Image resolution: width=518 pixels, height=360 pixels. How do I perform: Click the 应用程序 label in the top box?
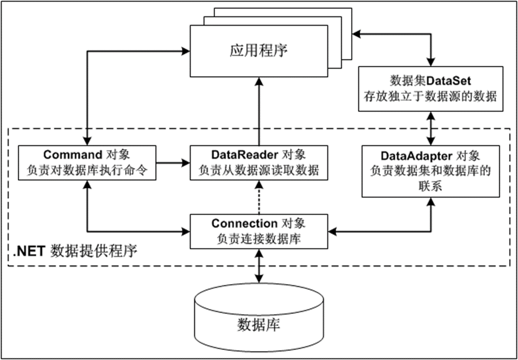click(259, 51)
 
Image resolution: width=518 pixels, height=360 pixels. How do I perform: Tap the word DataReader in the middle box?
click(245, 154)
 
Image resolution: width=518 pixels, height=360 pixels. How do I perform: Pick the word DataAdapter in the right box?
click(416, 156)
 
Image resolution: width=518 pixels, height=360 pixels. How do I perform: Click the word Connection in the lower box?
click(244, 223)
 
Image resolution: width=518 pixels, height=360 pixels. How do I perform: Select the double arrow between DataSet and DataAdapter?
click(431, 128)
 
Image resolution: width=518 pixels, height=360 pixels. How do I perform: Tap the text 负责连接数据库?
click(259, 237)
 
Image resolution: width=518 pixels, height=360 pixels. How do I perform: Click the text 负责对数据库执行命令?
click(87, 169)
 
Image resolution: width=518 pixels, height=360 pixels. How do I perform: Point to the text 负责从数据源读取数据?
click(259, 169)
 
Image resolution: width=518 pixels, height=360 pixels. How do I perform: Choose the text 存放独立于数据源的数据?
click(431, 96)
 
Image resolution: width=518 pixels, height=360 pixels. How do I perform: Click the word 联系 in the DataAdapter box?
click(431, 185)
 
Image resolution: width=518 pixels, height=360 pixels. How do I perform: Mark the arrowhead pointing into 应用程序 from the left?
click(186, 50)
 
